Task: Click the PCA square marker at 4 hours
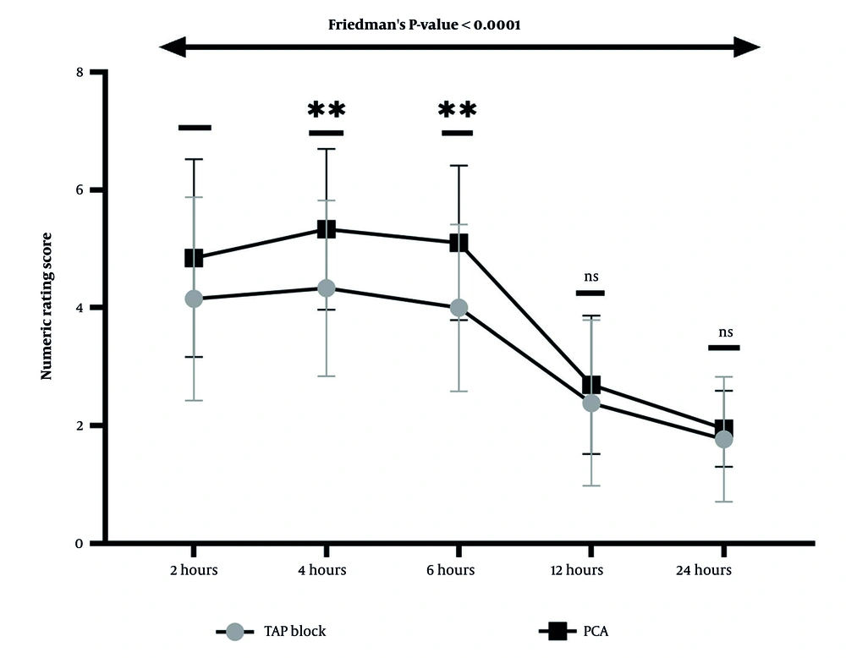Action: (x=327, y=229)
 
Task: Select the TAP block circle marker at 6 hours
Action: (x=459, y=307)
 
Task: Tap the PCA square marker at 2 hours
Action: (x=194, y=258)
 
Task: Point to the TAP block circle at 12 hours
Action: (x=591, y=403)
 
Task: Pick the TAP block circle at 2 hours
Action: (x=194, y=299)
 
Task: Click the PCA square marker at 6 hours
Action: (x=459, y=243)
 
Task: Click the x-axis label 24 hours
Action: (x=703, y=570)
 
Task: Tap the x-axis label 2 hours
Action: (x=193, y=570)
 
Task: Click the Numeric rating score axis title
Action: (x=48, y=306)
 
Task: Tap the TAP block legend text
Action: (x=294, y=631)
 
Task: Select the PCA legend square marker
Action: (x=557, y=631)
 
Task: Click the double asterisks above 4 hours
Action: (x=327, y=110)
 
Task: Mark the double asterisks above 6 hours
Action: (x=458, y=110)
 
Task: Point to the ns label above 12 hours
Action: (x=590, y=276)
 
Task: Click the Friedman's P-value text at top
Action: (x=424, y=25)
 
